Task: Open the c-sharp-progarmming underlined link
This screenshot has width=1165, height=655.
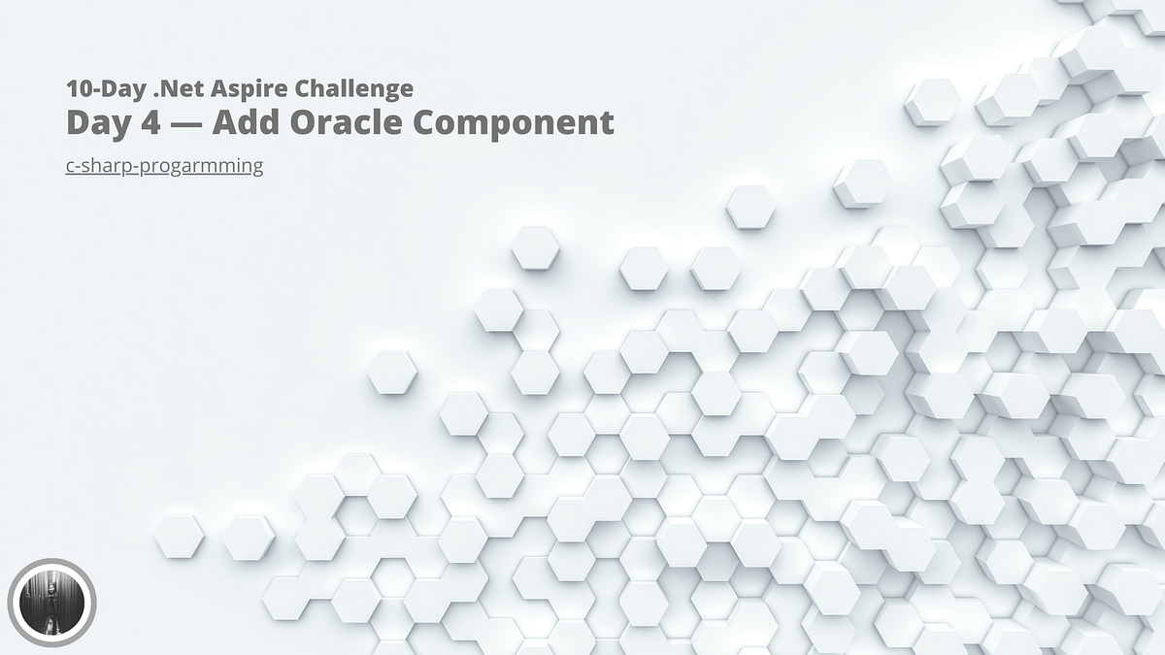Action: (x=164, y=166)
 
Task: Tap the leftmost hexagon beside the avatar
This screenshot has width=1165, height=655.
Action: (x=180, y=537)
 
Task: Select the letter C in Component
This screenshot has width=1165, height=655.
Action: (x=440, y=123)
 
